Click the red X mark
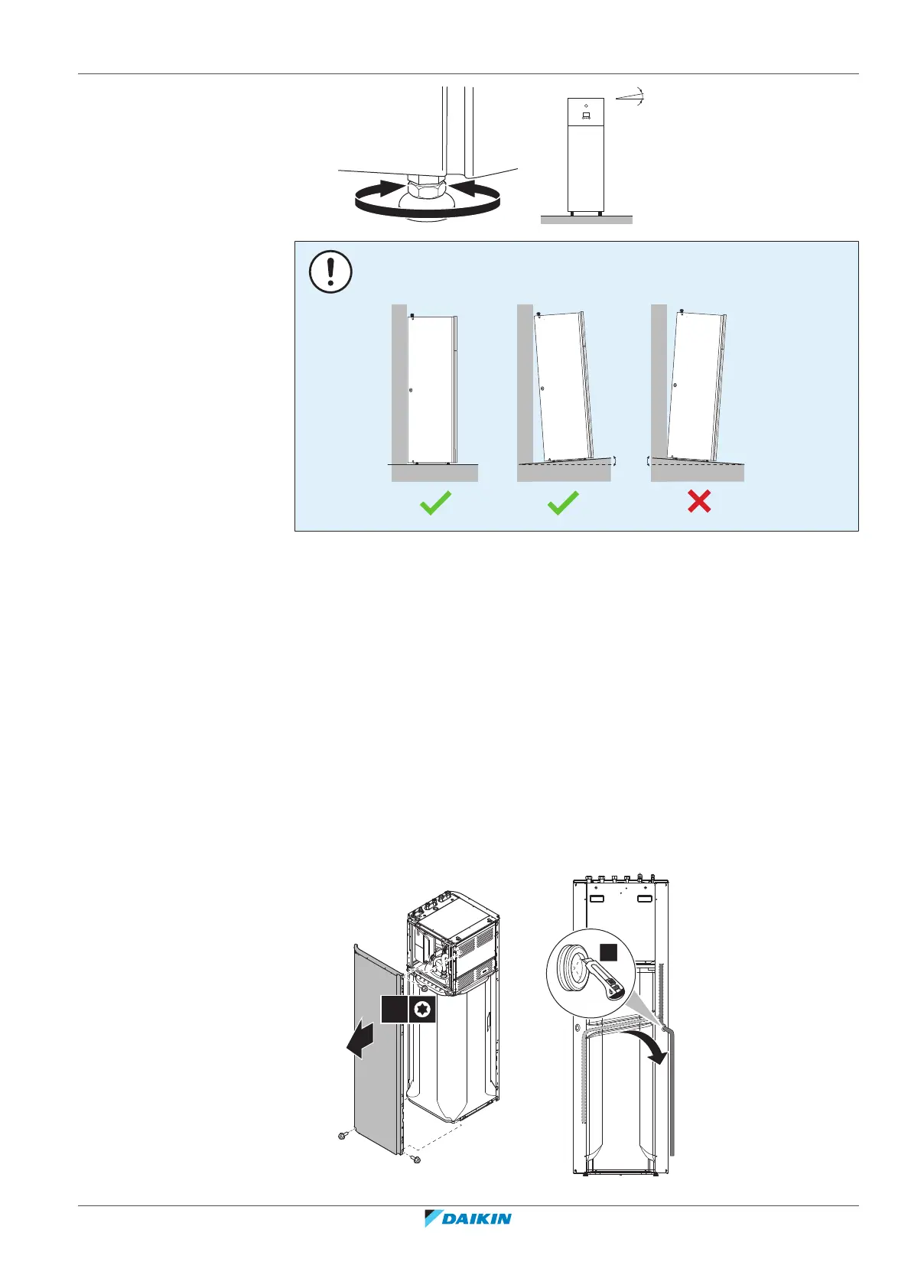point(699,501)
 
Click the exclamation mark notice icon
point(330,272)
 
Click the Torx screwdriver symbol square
point(422,1010)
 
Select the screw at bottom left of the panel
point(343,1137)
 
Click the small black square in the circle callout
point(607,952)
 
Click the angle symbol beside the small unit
point(632,96)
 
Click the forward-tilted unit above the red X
point(696,386)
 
